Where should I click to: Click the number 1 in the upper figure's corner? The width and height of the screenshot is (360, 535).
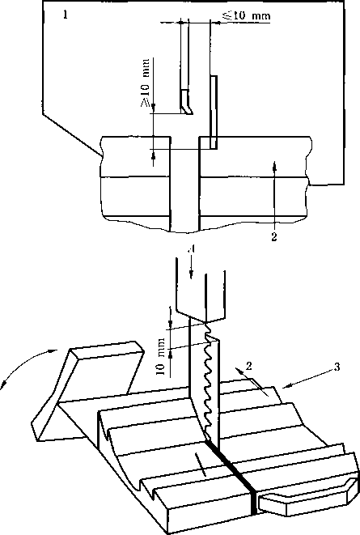click(65, 15)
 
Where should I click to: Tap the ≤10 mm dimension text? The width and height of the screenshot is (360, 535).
click(247, 15)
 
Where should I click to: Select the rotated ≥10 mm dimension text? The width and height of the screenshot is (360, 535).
click(146, 83)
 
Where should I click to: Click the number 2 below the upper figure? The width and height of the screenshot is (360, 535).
click(274, 237)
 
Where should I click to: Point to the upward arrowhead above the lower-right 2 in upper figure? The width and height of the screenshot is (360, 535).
click(275, 166)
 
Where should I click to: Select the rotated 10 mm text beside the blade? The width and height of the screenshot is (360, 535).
click(161, 357)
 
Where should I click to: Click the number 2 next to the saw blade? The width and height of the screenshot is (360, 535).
click(249, 367)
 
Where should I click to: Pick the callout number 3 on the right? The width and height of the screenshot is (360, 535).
click(337, 367)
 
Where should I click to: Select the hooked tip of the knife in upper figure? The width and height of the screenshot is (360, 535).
click(187, 110)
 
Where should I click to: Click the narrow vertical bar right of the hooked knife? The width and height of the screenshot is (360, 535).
click(214, 113)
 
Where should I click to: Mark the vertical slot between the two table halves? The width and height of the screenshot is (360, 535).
click(184, 185)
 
